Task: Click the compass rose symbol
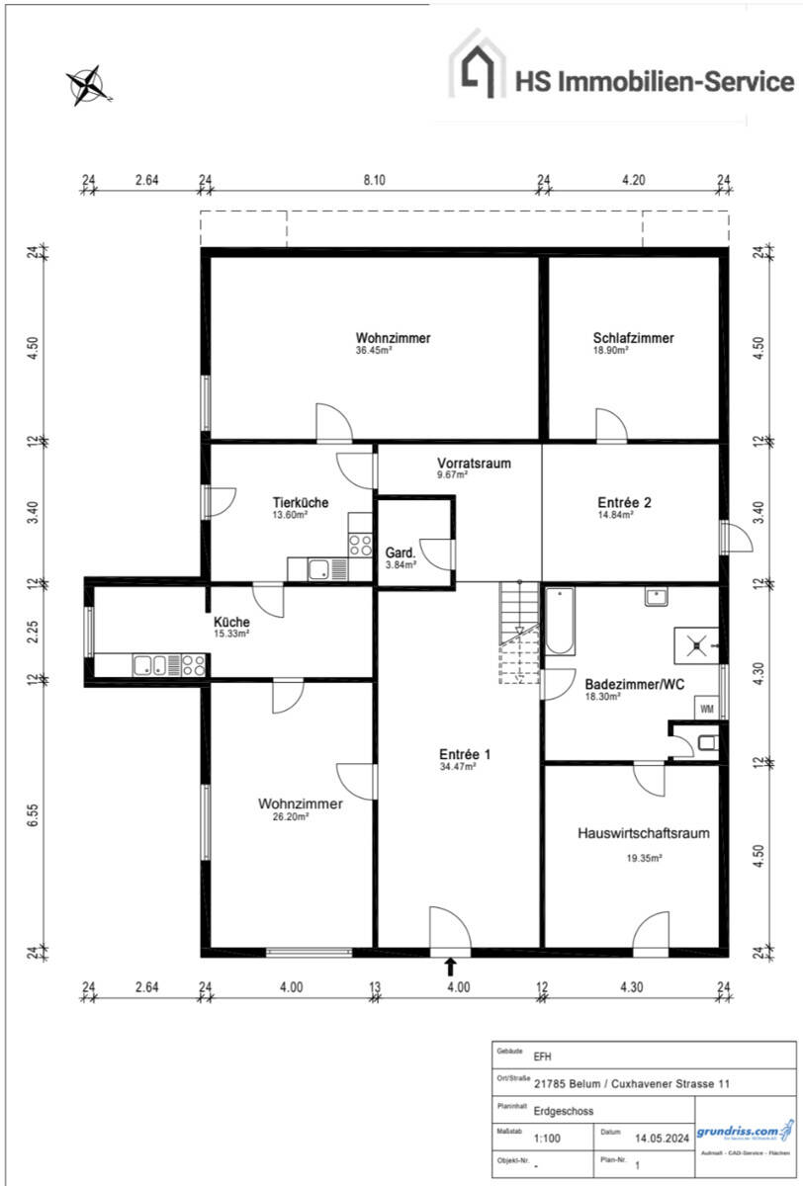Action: click(x=87, y=85)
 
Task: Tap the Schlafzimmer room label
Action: click(x=634, y=338)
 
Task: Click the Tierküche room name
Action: click(x=301, y=503)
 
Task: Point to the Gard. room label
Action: click(x=401, y=552)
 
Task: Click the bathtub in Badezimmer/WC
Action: click(x=560, y=622)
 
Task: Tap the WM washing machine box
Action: click(x=707, y=709)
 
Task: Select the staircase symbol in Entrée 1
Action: click(x=517, y=633)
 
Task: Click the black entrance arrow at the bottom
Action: click(x=451, y=966)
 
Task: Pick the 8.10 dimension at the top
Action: click(x=374, y=180)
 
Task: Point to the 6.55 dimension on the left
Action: click(x=33, y=816)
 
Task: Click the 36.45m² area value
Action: click(x=375, y=350)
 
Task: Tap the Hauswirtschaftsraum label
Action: click(x=643, y=833)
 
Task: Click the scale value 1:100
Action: click(x=546, y=1138)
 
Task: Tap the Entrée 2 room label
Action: click(x=624, y=502)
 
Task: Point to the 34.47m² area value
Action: click(x=458, y=766)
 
